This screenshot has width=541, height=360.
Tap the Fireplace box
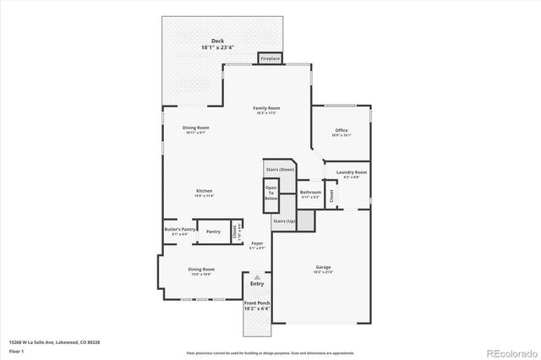tap(270, 58)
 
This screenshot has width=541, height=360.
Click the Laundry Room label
tap(351, 174)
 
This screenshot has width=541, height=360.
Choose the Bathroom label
tap(310, 194)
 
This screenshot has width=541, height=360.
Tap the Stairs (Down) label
tap(280, 170)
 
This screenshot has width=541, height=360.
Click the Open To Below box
tap(271, 194)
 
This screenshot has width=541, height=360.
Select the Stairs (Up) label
tap(284, 221)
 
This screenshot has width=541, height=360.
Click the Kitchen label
tap(204, 192)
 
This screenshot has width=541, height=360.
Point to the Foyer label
tap(258, 245)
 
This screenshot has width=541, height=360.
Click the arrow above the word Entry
tap(257, 276)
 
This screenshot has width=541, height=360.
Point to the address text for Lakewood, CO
tap(54, 342)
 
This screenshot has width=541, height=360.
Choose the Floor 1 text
tap(17, 351)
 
